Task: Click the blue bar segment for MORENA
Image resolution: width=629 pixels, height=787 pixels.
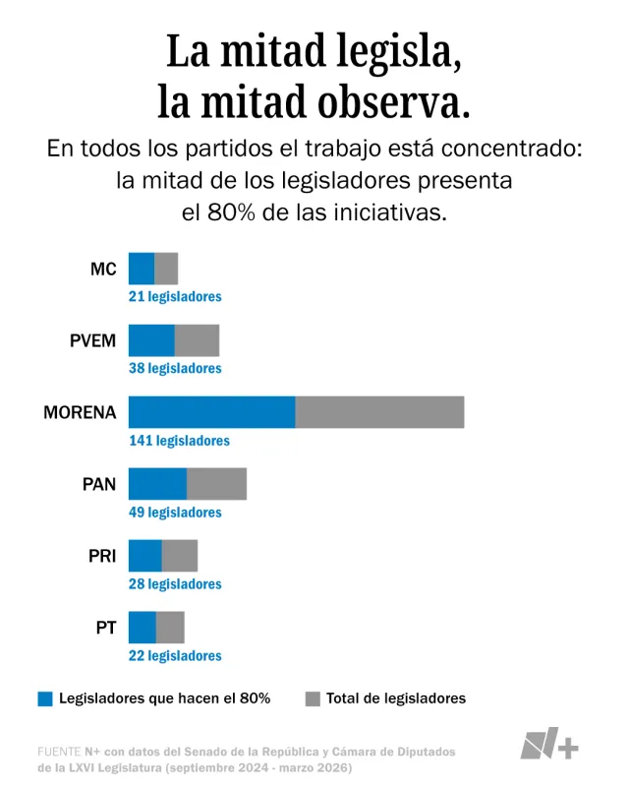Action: [211, 412]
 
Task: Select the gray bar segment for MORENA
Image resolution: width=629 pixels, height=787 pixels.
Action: [379, 412]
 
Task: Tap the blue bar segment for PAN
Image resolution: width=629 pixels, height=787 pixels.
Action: [157, 484]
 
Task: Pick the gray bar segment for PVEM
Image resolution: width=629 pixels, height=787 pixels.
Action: [197, 340]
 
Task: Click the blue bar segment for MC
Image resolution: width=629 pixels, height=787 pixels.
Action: [142, 269]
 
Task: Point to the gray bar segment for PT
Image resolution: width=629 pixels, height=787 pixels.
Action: [170, 628]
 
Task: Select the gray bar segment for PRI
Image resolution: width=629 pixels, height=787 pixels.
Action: [180, 556]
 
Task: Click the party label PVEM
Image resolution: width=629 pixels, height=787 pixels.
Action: [92, 340]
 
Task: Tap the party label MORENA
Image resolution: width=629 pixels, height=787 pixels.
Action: [80, 412]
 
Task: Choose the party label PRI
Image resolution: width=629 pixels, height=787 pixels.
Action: [102, 556]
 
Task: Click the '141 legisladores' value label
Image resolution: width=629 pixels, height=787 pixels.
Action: [179, 441]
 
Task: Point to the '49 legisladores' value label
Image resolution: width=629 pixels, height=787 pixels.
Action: [175, 513]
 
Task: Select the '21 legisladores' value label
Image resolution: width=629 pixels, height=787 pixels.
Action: [175, 297]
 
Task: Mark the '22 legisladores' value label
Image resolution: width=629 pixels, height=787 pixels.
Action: [175, 656]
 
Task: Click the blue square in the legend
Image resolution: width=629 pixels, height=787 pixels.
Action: [45, 698]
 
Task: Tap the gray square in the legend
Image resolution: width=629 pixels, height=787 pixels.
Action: [313, 698]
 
